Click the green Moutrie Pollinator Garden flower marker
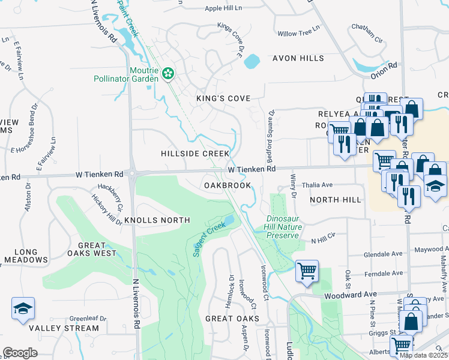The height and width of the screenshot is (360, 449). (x=168, y=74)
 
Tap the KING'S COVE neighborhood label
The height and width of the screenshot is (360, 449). (x=223, y=98)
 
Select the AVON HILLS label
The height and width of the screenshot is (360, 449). (x=298, y=58)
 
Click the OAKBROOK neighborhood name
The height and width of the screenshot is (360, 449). (x=227, y=186)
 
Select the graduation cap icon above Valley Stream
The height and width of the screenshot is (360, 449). (x=23, y=309)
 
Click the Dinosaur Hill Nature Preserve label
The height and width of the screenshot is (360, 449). (x=282, y=227)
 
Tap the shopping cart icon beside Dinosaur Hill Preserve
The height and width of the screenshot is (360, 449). (x=307, y=271)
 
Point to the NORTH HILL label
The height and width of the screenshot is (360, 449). (x=336, y=200)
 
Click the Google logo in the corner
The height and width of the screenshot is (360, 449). (x=20, y=353)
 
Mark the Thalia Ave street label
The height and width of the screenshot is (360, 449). (x=318, y=185)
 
